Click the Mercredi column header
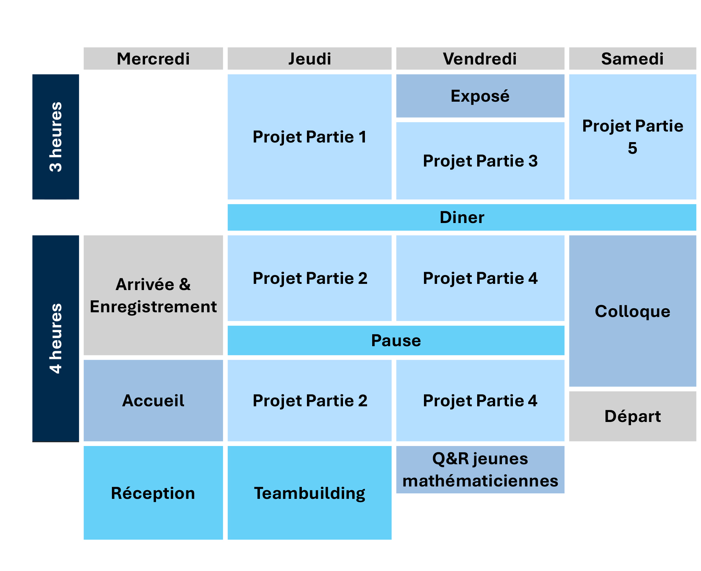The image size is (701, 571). coord(153,58)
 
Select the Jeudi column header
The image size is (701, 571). coord(309,58)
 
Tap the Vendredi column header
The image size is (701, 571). coord(480,58)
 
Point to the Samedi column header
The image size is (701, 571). coord(632,58)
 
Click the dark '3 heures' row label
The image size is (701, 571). coord(56,137)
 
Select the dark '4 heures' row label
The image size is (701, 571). coord(56,339)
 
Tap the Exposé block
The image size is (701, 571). coord(480,96)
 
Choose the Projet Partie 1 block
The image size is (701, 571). coord(309,137)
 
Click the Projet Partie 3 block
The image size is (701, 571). coord(480,161)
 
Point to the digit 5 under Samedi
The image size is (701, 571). coord(632,148)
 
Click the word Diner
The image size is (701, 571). coord(462,217)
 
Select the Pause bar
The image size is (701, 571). coord(396,340)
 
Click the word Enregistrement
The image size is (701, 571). coord(153,307)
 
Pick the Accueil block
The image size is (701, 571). coord(153,400)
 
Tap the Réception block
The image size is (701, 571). coord(153,493)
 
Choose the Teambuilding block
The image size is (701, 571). coord(309,493)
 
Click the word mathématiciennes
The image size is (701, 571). coord(480,481)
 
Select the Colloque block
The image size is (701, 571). coord(632,311)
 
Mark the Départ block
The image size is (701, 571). coord(632,416)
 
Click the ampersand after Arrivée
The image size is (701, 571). coord(185,284)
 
